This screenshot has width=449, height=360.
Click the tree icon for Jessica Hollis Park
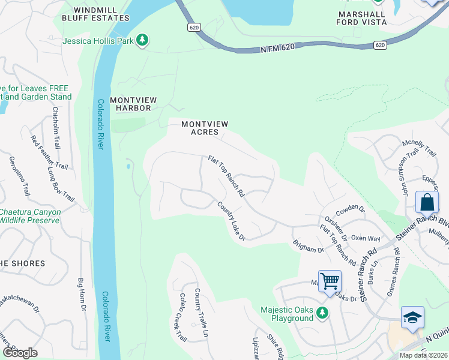click(x=142, y=40)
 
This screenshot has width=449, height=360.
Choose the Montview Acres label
click(x=205, y=128)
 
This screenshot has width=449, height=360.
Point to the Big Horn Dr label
click(x=83, y=295)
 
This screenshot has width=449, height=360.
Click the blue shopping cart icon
click(x=330, y=281)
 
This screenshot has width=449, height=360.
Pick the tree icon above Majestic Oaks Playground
click(x=322, y=313)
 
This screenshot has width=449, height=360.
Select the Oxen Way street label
click(x=366, y=238)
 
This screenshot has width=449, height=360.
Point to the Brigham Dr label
click(x=308, y=246)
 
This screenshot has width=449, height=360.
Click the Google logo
click(x=20, y=353)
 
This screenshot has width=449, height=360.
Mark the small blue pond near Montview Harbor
click(x=128, y=166)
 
